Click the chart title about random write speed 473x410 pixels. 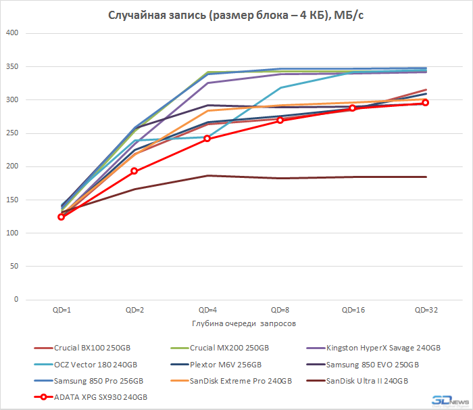click(x=236, y=16)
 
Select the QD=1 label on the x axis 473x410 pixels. click(x=61, y=310)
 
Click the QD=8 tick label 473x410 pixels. click(x=280, y=310)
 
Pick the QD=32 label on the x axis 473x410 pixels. click(x=425, y=310)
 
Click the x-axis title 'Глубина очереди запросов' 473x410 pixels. click(x=243, y=323)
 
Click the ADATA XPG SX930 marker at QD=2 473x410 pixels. click(x=134, y=171)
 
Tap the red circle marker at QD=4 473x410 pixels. click(x=207, y=139)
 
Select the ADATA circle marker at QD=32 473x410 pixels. click(x=426, y=103)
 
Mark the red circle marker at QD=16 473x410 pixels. click(x=353, y=108)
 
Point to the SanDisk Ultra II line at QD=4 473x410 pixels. click(x=207, y=176)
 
